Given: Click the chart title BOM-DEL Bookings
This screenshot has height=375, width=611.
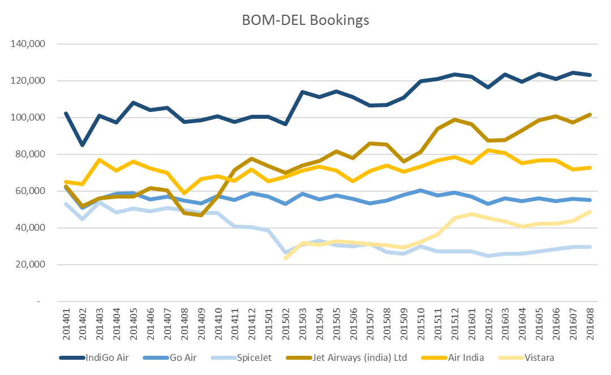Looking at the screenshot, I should (305, 20).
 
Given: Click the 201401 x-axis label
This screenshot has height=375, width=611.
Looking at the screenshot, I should (67, 321).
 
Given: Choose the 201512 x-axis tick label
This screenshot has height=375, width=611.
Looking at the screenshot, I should (454, 321).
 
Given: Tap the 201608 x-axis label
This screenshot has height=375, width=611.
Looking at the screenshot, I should (588, 321).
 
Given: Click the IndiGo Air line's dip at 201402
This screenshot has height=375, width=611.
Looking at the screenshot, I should (83, 145).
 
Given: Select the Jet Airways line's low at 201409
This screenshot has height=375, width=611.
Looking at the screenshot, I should (201, 215).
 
